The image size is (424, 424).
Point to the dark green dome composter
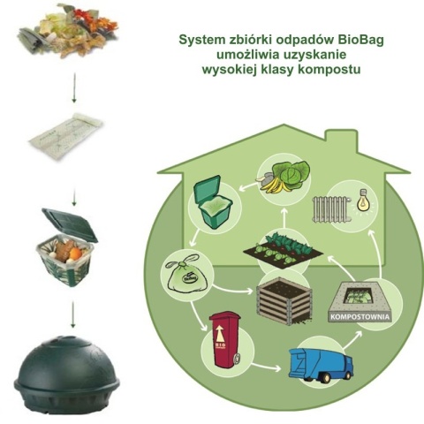(67, 370)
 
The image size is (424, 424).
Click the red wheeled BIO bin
(228, 339)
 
